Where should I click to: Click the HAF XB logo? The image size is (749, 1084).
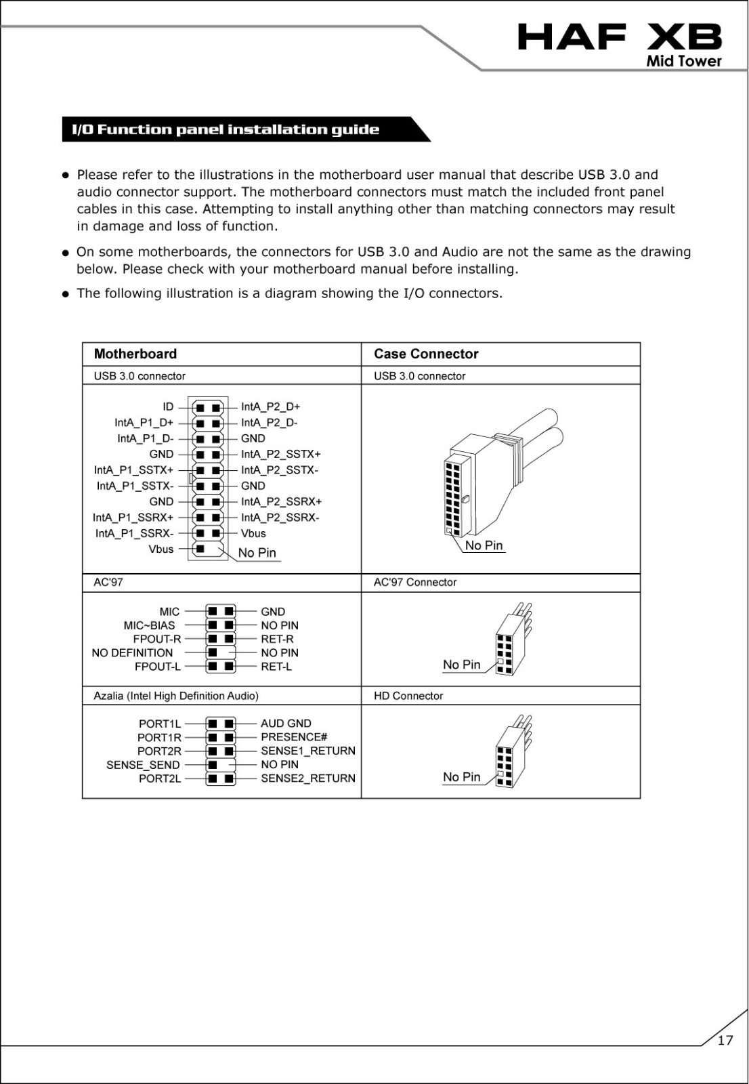click(x=619, y=38)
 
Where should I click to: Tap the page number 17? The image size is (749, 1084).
click(x=725, y=1041)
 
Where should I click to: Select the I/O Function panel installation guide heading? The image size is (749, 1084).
click(x=226, y=129)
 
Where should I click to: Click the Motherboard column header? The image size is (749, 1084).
click(x=135, y=354)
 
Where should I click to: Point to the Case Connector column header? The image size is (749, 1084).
click(x=426, y=354)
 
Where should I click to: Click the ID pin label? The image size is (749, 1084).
click(x=168, y=406)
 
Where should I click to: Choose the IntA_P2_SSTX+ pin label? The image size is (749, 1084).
click(x=280, y=454)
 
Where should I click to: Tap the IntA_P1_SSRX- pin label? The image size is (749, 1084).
click(x=134, y=533)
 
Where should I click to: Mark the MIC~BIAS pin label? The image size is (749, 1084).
click(x=149, y=625)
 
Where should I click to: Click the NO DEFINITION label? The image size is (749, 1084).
click(x=132, y=652)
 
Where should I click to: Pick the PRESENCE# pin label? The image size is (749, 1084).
click(x=294, y=737)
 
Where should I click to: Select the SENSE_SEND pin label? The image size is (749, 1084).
click(x=143, y=765)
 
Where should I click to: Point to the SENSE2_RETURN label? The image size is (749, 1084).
click(x=308, y=778)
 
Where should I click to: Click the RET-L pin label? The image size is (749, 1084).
click(x=276, y=667)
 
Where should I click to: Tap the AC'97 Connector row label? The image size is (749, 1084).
click(x=415, y=582)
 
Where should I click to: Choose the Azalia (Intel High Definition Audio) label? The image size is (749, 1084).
click(x=176, y=696)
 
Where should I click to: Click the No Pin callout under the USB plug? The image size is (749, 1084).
click(x=484, y=545)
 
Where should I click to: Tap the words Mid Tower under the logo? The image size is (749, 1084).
click(x=684, y=61)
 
